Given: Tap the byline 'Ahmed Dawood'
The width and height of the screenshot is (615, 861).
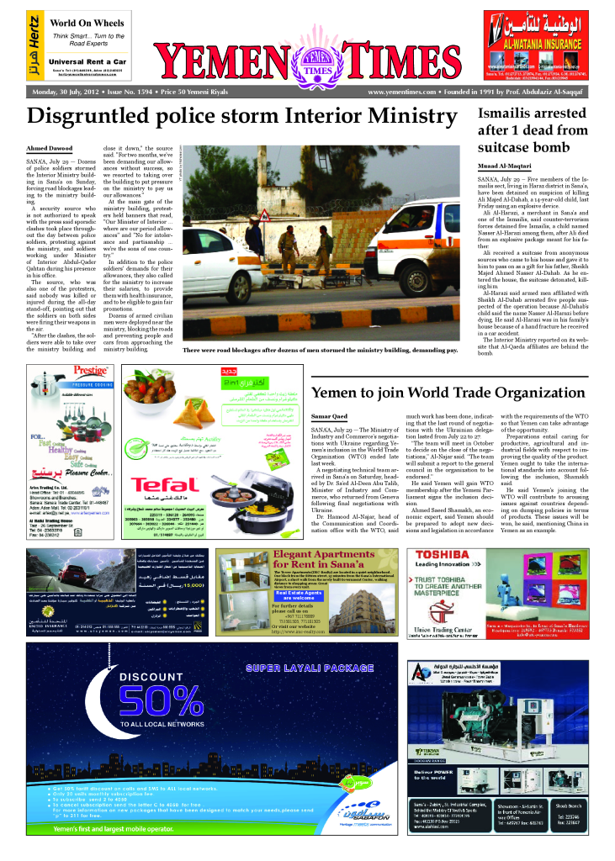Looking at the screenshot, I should [x=47, y=148].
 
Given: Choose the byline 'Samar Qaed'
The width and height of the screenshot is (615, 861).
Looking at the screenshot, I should [x=328, y=415].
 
